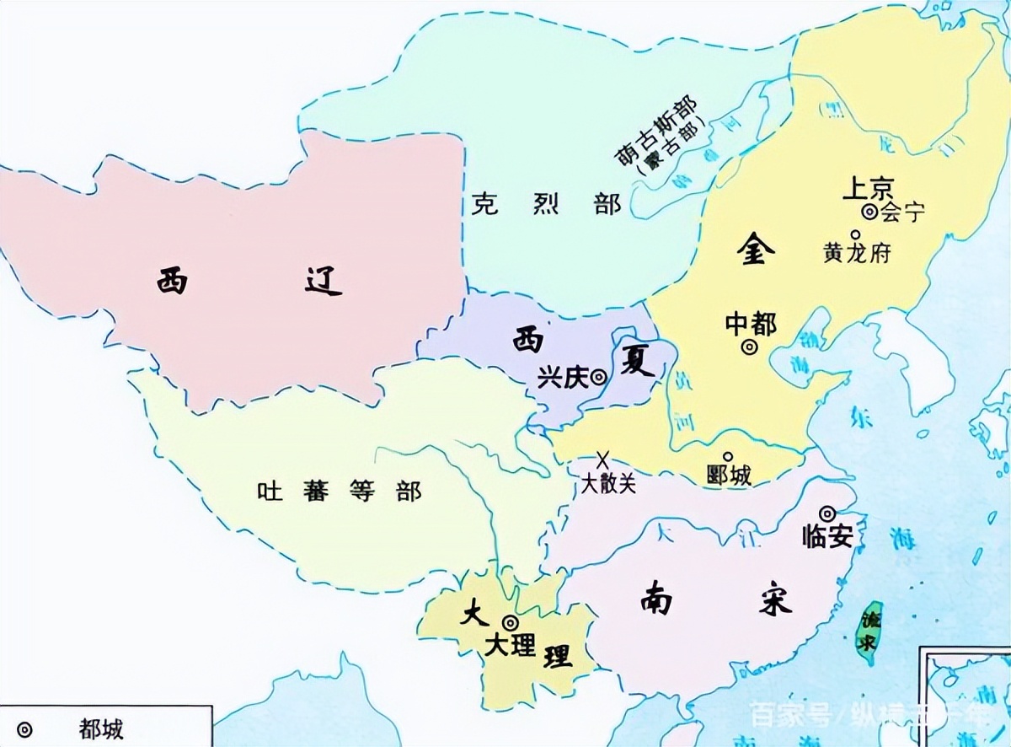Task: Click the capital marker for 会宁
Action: click(x=869, y=212)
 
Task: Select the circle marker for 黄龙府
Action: click(x=855, y=235)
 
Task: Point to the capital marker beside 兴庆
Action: click(x=598, y=379)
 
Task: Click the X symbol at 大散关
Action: click(x=602, y=460)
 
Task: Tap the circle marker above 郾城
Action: click(x=728, y=457)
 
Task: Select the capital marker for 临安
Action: click(x=827, y=513)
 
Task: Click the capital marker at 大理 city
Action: click(x=510, y=622)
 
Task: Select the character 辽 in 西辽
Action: click(x=323, y=281)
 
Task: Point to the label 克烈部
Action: click(x=545, y=204)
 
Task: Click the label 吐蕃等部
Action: click(x=339, y=492)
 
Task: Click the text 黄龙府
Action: click(x=856, y=254)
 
